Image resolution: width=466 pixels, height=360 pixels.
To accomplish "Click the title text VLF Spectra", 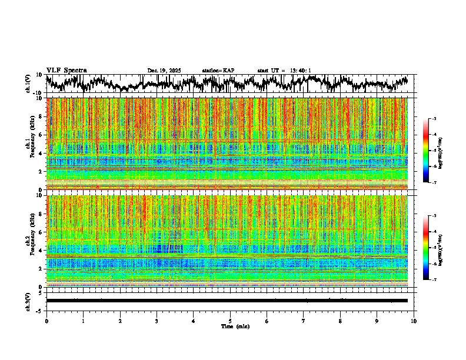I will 66,70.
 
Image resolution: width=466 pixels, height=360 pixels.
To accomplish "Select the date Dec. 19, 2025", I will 164,71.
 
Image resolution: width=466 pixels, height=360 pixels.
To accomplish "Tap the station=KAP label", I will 218,71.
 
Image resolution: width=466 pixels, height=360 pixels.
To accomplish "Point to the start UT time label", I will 284,71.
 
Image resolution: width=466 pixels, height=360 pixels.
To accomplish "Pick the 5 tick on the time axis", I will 230,321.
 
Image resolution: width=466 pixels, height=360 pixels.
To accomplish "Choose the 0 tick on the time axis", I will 46,321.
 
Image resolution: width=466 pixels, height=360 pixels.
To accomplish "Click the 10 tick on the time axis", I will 414,321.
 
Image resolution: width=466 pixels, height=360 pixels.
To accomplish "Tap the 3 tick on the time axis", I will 157,321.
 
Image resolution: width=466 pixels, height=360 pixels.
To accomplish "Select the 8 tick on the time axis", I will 340,321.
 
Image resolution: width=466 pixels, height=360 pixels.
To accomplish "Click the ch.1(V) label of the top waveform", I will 28,84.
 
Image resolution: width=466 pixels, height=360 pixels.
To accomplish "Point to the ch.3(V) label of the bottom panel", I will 28,301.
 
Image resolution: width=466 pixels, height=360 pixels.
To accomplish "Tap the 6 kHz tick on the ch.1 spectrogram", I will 42,135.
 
